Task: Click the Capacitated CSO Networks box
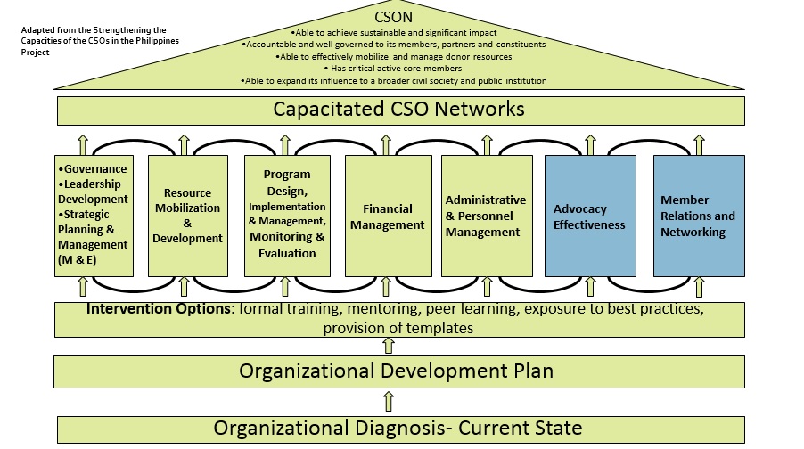(x=398, y=110)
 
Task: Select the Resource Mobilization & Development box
(x=187, y=216)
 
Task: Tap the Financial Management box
(x=387, y=216)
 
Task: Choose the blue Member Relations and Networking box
(x=699, y=216)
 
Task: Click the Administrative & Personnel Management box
(x=486, y=216)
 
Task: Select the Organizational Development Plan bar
(x=396, y=371)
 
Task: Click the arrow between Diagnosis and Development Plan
(x=388, y=400)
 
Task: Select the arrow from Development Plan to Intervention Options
(x=388, y=345)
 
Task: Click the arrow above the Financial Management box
(x=386, y=143)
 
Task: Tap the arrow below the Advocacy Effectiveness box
(x=589, y=287)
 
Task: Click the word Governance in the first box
(x=94, y=168)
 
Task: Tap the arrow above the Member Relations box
(x=699, y=143)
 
